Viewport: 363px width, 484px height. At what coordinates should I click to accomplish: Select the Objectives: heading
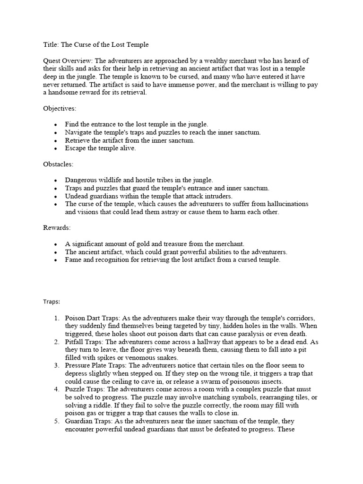point(59,108)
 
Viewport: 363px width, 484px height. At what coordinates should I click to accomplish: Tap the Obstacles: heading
point(59,164)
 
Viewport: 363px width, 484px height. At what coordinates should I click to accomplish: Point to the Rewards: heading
point(57,228)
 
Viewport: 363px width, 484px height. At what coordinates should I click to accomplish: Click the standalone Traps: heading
point(52,301)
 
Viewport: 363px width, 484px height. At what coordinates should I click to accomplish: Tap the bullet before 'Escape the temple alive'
point(56,148)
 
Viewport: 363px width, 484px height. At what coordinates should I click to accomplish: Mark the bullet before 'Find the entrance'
point(56,124)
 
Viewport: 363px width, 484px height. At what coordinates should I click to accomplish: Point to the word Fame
point(73,260)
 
